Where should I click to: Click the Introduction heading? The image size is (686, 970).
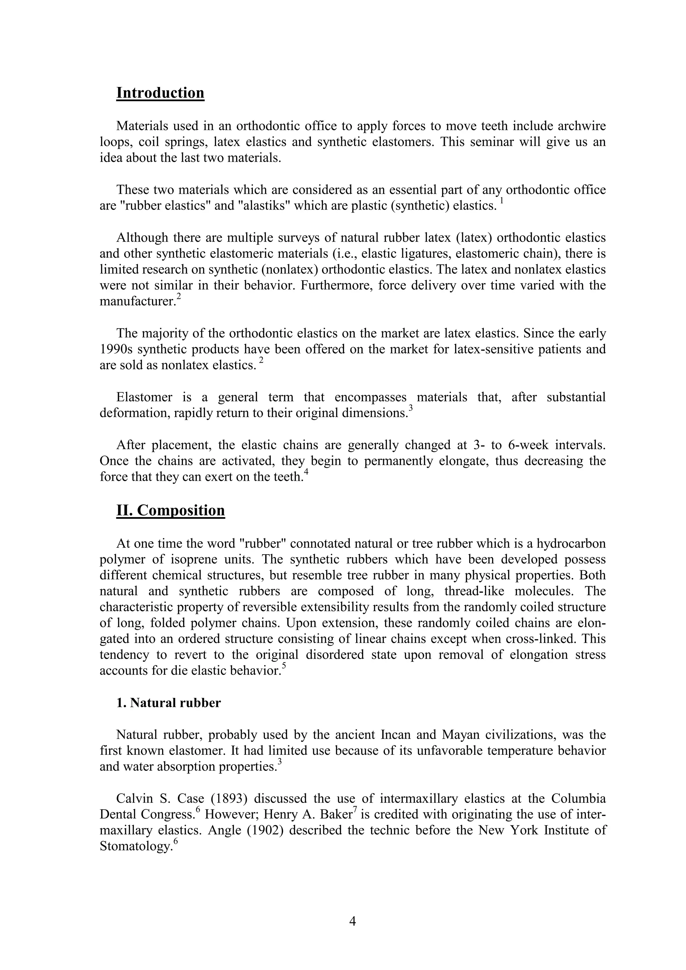pos(160,93)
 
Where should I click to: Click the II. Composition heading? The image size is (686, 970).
pos(170,510)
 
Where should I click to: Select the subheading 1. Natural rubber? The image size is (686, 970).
pos(168,703)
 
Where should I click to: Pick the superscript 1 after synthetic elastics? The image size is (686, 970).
pos(501,201)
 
